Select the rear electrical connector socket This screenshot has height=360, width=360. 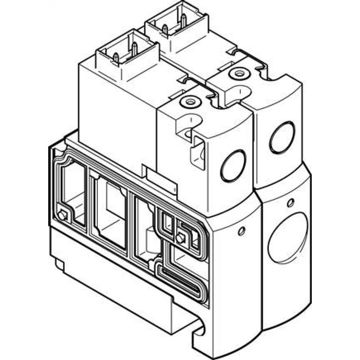coord(176,26)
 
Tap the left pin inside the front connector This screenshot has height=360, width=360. coord(116,57)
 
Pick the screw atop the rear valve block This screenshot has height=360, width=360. coord(238,73)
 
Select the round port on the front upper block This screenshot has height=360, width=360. coord(233,165)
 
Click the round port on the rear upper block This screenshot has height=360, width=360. coord(282,137)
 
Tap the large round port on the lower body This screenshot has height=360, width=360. coord(288,238)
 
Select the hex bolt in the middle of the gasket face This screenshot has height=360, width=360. coord(181,237)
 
